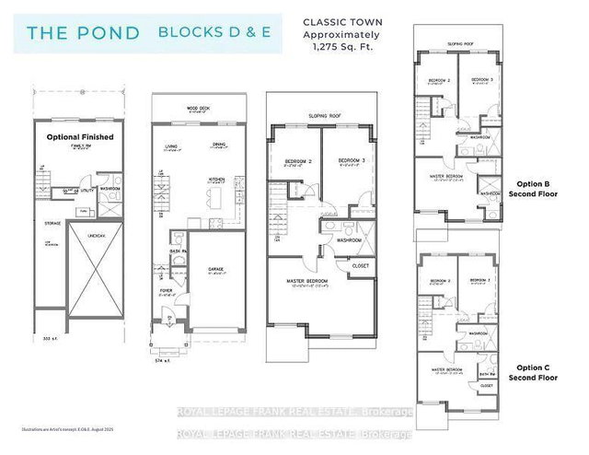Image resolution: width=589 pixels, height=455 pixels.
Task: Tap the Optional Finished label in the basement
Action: point(79,136)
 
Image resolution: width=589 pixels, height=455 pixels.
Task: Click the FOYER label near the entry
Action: point(166,294)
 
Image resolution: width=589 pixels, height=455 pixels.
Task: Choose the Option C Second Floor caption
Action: point(538,372)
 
